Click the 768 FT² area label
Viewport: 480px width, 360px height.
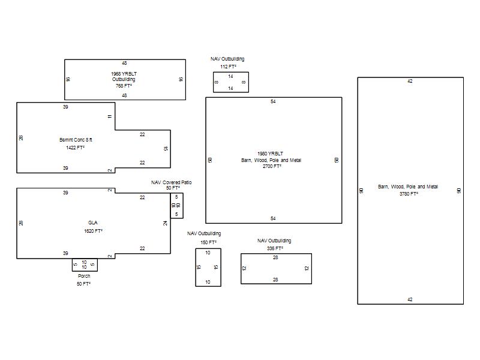[x=124, y=86]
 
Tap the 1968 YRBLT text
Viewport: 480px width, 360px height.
[x=124, y=74]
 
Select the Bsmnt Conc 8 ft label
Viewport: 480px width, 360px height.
[x=76, y=140]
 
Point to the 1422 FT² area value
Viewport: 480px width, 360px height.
[x=76, y=148]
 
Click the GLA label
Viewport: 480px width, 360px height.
[x=93, y=223]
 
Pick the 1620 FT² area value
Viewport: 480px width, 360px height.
[x=93, y=231]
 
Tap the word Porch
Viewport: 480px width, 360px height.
[x=84, y=276]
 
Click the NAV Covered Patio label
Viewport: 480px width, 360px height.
[x=172, y=182]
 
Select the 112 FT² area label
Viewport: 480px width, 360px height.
[x=228, y=67]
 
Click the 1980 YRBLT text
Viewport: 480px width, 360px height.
[x=271, y=154]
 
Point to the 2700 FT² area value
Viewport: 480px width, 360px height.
[x=272, y=166]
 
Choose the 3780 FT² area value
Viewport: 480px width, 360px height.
[x=409, y=194]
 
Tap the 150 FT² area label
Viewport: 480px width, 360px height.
[x=208, y=242]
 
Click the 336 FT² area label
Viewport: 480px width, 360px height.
[x=275, y=248]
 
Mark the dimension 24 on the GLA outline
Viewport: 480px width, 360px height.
[x=166, y=223]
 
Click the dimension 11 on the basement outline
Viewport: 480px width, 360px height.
[x=110, y=116]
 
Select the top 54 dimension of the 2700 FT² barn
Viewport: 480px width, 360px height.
[x=273, y=101]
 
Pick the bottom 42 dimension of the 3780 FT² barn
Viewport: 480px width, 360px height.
[x=410, y=299]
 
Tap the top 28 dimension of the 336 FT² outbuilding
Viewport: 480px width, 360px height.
[x=275, y=257]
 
